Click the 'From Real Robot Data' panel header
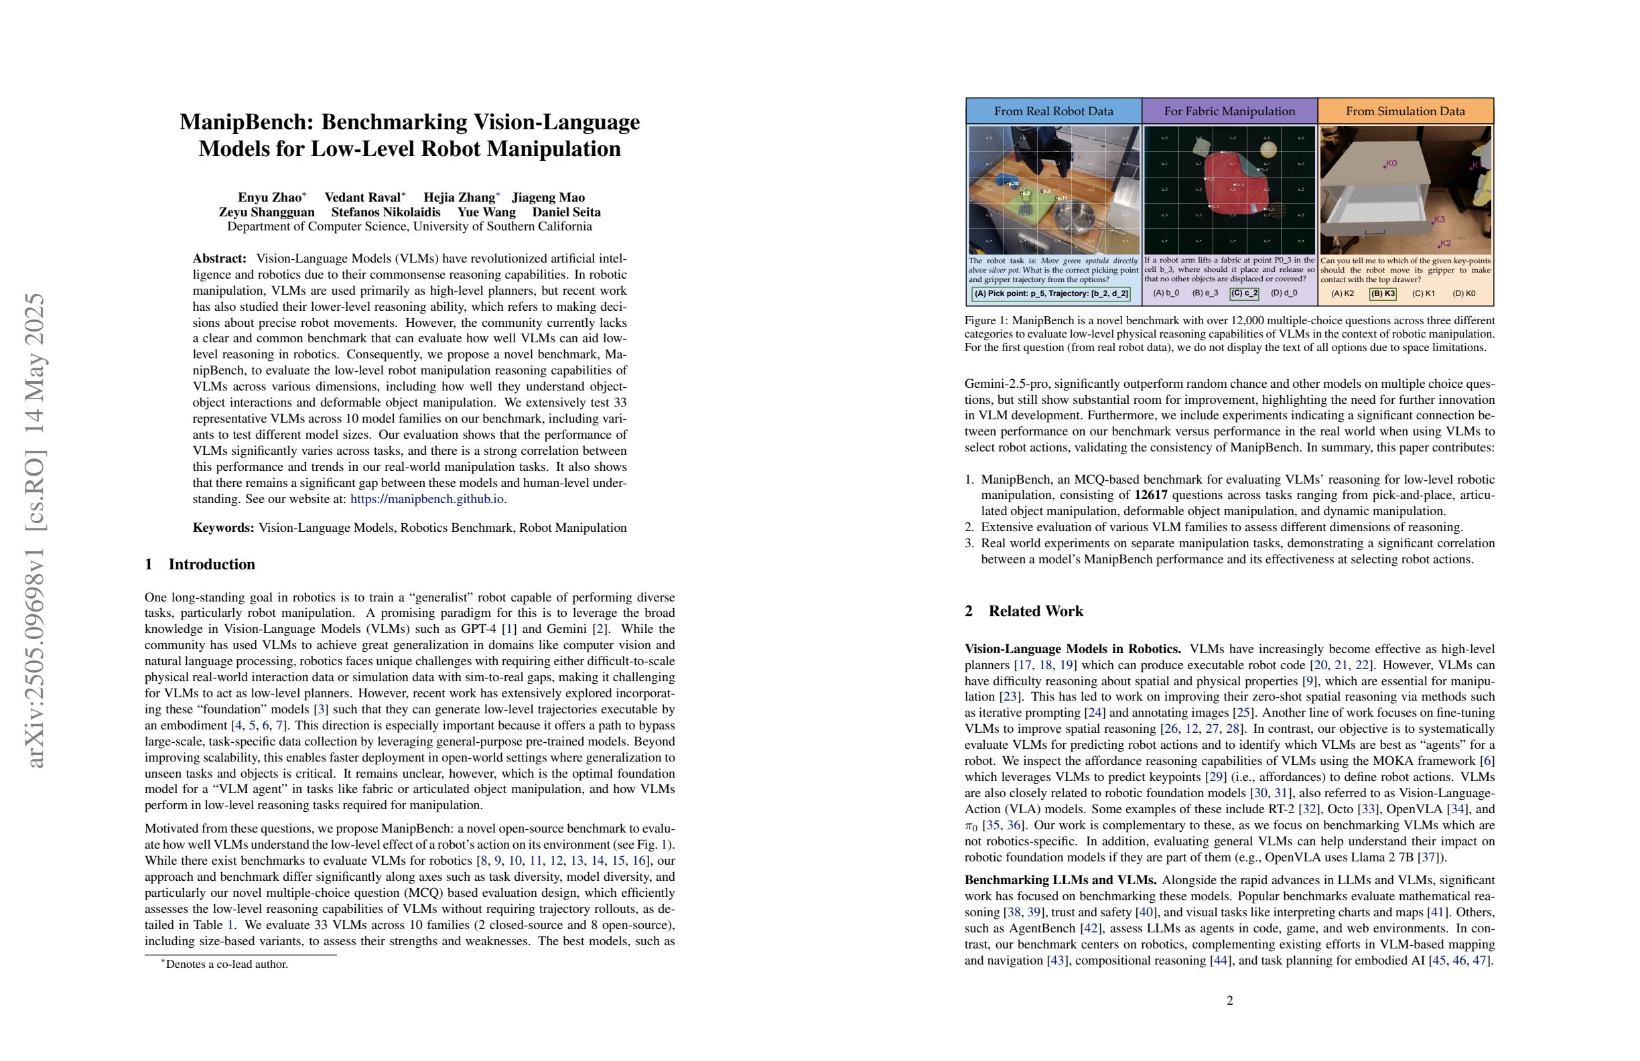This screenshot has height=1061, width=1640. click(1053, 111)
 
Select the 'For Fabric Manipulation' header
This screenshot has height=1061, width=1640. click(1229, 111)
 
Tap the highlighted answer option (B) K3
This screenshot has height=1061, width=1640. click(1382, 293)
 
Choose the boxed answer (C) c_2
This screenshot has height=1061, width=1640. click(1245, 293)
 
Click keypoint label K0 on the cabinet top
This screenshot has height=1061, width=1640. click(1391, 163)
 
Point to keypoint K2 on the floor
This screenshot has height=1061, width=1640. click(1444, 243)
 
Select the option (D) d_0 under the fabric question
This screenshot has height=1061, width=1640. click(1284, 293)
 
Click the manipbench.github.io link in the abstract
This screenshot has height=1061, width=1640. click(427, 499)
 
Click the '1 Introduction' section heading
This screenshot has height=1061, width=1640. click(200, 564)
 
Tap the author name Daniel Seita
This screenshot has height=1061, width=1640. click(565, 212)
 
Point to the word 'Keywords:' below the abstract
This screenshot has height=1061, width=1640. click(223, 528)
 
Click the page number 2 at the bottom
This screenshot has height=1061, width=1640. click(1229, 1000)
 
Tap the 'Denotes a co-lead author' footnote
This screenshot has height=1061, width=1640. click(226, 965)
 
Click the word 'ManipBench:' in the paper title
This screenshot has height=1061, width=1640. click(246, 122)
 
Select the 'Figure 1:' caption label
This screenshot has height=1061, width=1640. click(986, 321)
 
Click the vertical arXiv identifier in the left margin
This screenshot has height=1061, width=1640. click(34, 530)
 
